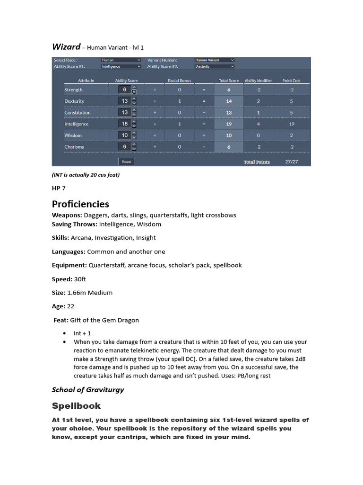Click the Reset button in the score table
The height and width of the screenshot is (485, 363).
[127, 162]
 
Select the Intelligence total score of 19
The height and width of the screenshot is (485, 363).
[229, 124]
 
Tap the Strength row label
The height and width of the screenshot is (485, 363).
[74, 90]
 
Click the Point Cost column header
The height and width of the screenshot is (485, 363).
[291, 81]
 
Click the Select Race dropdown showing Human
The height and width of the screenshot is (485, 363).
[121, 60]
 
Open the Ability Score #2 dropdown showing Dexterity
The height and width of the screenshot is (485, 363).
[214, 66]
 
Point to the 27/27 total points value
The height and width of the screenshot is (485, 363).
[291, 162]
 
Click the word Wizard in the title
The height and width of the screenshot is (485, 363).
[66, 46]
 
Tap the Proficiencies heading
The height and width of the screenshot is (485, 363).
[80, 204]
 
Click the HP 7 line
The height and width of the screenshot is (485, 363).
[59, 188]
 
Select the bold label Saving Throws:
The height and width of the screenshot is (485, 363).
[75, 224]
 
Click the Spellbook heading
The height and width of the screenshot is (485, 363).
[76, 406]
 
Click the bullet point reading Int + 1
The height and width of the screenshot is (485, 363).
[82, 333]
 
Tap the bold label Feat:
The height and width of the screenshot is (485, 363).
[61, 320]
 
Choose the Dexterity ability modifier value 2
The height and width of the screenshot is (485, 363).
[258, 101]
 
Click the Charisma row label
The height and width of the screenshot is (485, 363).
[74, 147]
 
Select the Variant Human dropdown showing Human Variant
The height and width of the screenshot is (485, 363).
[214, 60]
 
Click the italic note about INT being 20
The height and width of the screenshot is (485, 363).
[86, 175]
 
